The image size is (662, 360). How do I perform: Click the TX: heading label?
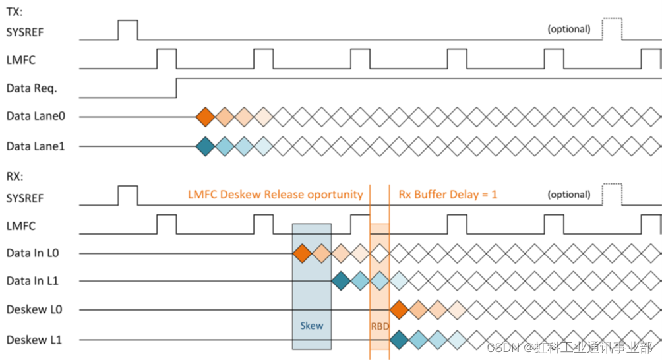click(15, 11)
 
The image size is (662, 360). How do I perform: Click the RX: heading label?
click(15, 177)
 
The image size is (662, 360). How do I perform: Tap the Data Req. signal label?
click(31, 88)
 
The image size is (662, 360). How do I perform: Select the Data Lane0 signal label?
click(36, 116)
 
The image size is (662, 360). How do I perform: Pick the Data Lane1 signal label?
click(36, 146)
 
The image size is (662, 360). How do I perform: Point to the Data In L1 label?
click(32, 281)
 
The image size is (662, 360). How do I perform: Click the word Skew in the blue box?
click(312, 326)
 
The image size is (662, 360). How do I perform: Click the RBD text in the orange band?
click(380, 326)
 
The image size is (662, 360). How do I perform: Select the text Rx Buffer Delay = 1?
click(448, 195)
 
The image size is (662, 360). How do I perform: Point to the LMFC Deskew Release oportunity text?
click(275, 195)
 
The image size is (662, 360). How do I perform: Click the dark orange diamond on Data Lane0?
click(206, 117)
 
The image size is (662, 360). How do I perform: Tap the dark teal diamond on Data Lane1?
click(206, 146)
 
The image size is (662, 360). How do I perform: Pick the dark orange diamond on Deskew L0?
click(399, 309)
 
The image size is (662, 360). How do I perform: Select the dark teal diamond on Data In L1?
click(341, 281)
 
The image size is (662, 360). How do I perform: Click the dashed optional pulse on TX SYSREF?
click(612, 29)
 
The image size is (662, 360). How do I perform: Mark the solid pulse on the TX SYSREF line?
click(128, 30)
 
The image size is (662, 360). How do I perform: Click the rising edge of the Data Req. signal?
click(177, 88)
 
